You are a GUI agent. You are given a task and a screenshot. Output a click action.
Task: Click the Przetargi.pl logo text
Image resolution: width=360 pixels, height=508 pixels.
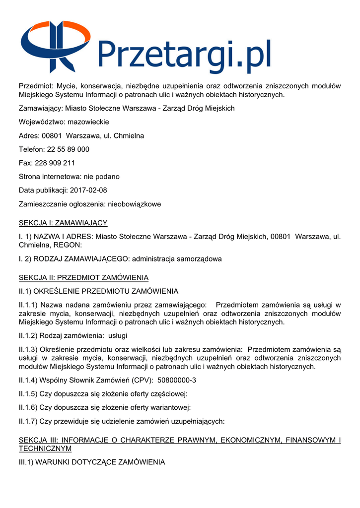tap(184, 56)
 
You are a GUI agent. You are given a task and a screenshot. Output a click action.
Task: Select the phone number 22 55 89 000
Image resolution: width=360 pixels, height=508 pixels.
tap(68, 149)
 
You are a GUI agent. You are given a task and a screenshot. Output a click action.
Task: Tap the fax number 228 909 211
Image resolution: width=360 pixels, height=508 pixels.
tap(55, 163)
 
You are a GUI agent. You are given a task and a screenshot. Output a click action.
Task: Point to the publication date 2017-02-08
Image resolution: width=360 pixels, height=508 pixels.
tap(88, 190)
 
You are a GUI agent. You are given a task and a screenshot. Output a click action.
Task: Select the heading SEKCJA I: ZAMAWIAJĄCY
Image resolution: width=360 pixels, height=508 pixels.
tap(63, 223)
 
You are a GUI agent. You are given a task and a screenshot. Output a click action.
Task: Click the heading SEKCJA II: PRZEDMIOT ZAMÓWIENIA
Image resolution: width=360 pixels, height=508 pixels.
tap(83, 277)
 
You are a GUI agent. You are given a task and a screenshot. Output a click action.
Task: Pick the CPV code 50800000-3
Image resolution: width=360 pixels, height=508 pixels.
tap(177, 381)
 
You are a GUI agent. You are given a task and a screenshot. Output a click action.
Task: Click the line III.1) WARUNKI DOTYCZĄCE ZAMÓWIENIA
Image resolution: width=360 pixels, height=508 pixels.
tap(92, 462)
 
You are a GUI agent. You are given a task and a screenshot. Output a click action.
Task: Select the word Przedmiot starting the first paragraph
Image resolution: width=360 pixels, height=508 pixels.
tap(36, 86)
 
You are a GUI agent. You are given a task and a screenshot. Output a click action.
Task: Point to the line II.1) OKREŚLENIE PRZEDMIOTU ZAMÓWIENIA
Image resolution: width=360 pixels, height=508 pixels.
tap(98, 291)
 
